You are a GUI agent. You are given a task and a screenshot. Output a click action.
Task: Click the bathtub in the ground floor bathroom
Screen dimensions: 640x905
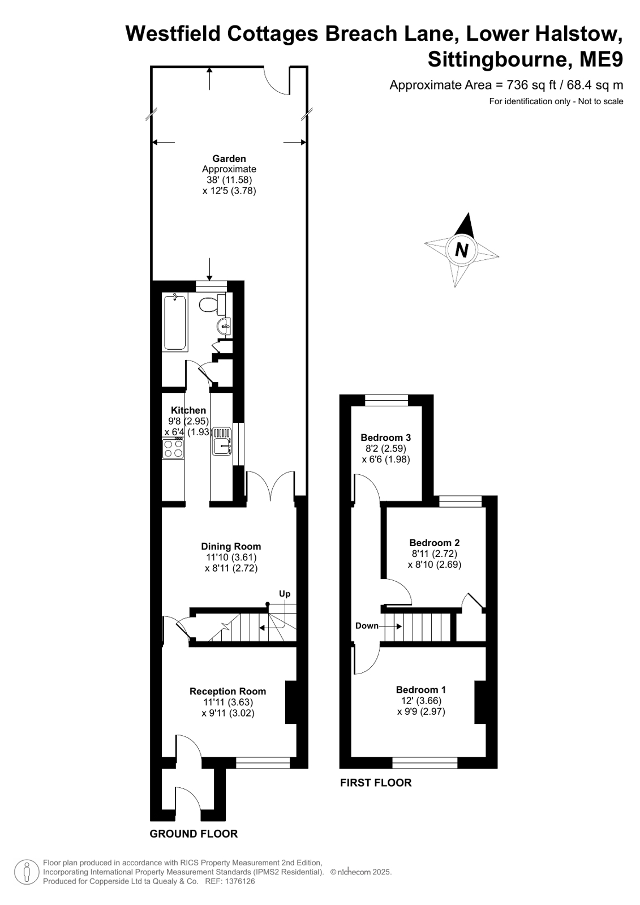(x=174, y=323)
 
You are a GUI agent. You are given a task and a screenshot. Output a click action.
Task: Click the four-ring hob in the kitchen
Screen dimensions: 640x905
(x=173, y=448)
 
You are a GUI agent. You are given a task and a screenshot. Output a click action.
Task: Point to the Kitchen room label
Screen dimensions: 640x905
(x=188, y=410)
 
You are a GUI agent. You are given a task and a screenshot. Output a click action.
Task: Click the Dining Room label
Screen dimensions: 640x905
(x=231, y=546)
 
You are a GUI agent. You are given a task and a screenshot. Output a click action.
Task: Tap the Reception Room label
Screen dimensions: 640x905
(x=228, y=691)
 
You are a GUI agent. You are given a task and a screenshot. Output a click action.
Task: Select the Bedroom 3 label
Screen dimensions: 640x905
(x=386, y=437)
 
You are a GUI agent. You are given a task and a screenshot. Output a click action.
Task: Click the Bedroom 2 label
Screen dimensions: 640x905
(x=435, y=543)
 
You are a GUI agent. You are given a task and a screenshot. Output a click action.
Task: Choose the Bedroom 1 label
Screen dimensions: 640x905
(x=421, y=690)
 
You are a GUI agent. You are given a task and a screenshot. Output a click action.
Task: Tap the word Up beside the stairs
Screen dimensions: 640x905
(x=285, y=594)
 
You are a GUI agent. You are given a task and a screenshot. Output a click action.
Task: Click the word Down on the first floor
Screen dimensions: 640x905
(x=367, y=626)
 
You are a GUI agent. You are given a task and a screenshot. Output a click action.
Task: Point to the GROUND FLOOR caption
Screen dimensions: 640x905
(x=194, y=834)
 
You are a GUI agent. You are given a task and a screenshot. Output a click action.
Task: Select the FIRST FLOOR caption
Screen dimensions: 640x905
(x=376, y=783)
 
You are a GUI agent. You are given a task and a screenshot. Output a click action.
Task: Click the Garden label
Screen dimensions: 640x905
(x=229, y=159)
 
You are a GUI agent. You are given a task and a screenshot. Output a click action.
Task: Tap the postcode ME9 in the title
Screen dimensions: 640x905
(x=601, y=60)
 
